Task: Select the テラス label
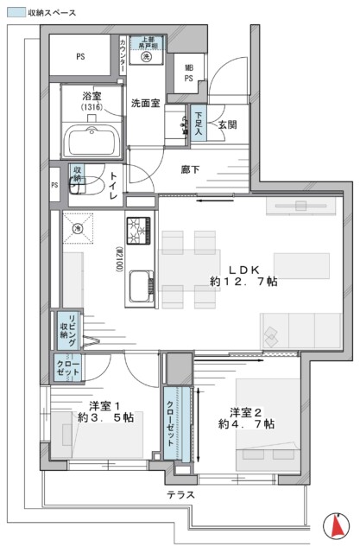point(180,495)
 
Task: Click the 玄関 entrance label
point(228,125)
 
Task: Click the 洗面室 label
point(146,103)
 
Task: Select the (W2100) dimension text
point(117,258)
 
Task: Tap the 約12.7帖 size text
point(243,282)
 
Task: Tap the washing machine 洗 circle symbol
point(147,56)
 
